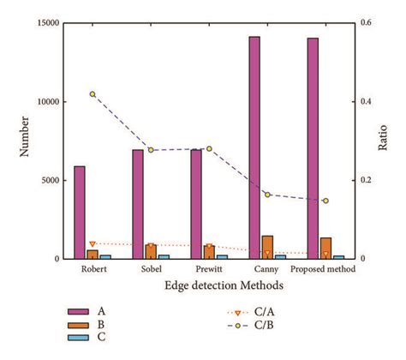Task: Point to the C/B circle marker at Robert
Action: tap(93, 94)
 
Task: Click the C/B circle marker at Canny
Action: tap(267, 195)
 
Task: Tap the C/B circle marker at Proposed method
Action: tap(325, 201)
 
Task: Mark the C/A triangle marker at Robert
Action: tap(93, 244)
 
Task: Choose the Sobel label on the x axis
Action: tap(151, 270)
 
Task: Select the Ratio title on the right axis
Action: tap(383, 140)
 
